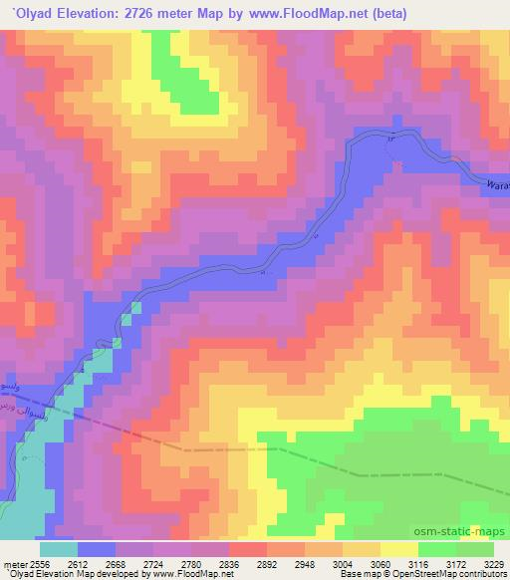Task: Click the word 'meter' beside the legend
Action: [14, 563]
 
